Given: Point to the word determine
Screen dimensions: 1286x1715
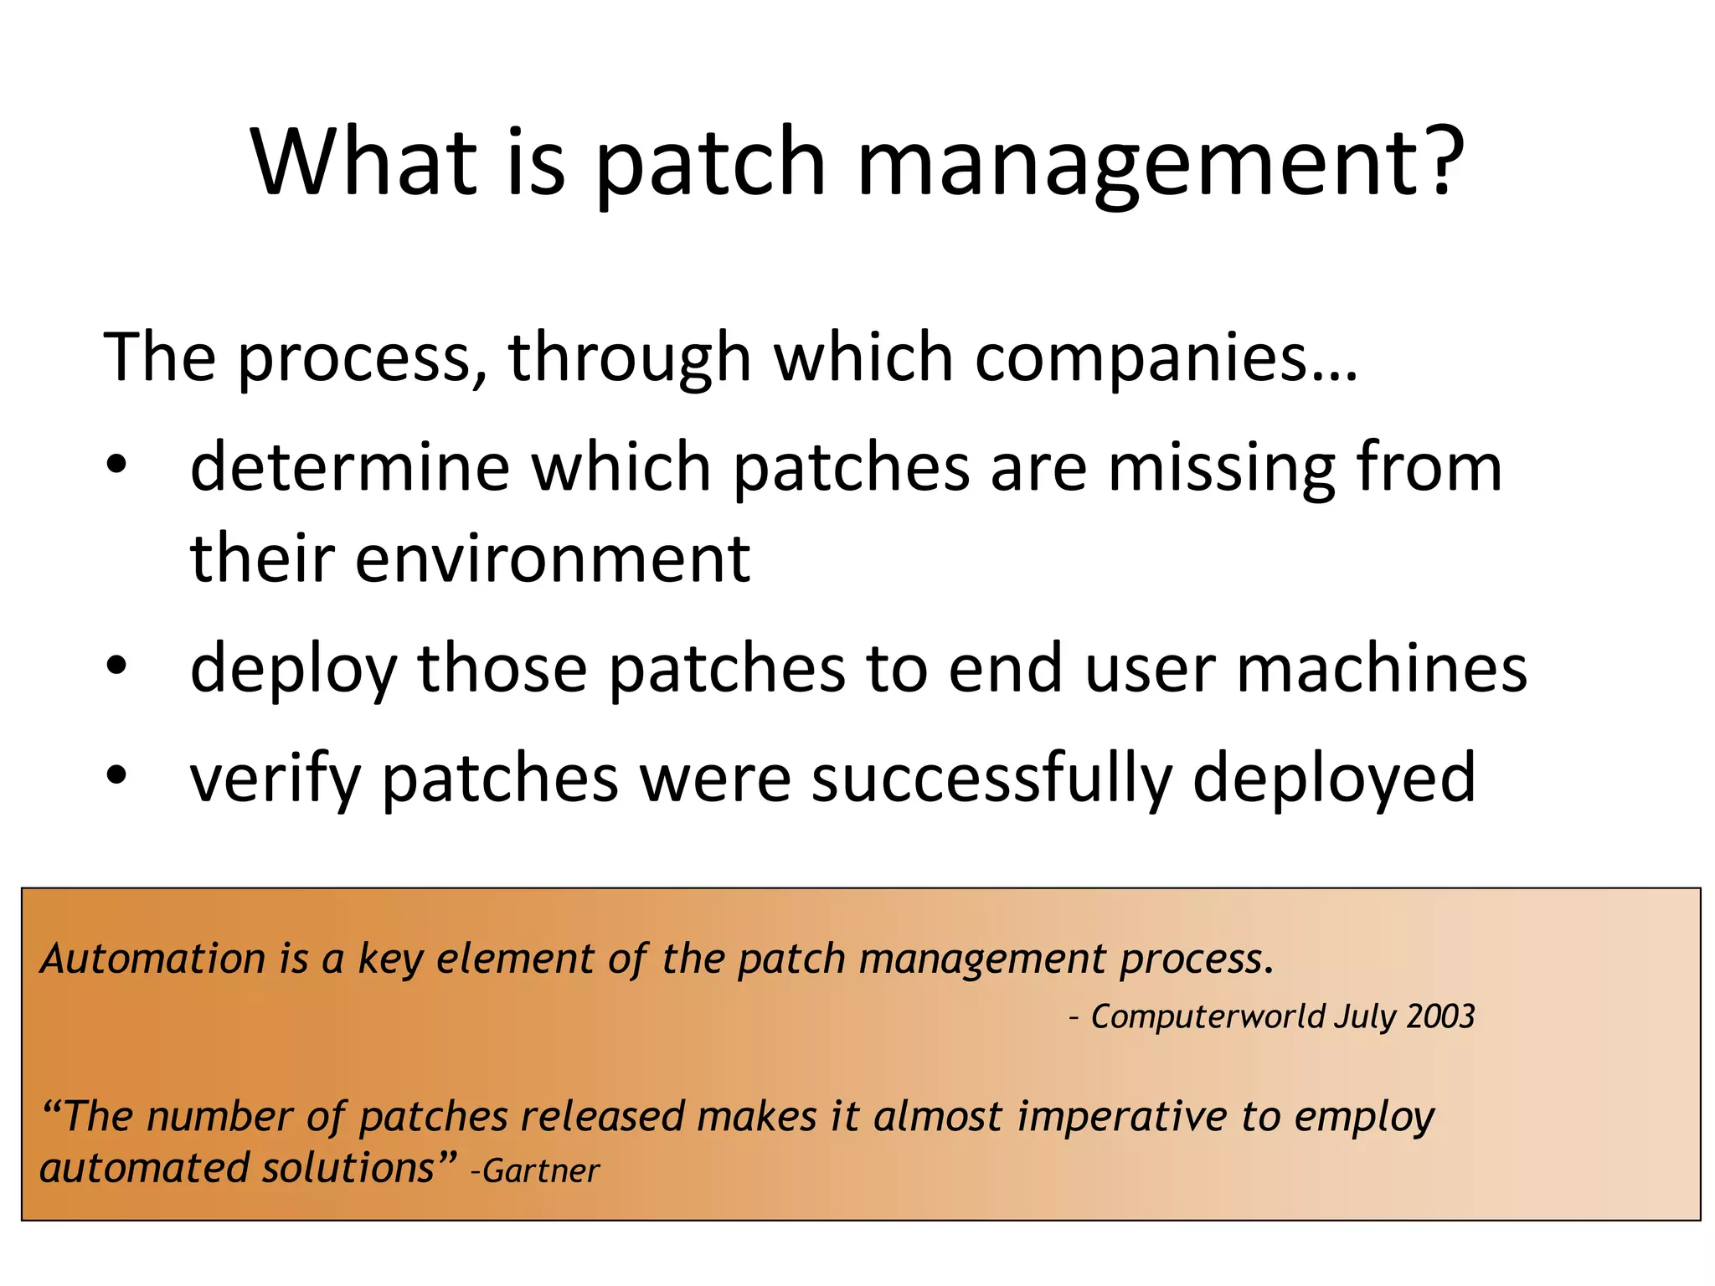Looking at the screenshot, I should (350, 466).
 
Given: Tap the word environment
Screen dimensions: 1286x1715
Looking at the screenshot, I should (552, 558).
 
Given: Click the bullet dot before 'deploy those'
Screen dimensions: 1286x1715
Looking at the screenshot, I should (116, 666).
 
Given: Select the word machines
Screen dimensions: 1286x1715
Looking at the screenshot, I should (1382, 668).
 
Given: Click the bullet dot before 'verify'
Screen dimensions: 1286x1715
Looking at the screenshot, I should (116, 775).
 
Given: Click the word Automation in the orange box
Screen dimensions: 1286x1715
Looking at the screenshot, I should (153, 959).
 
